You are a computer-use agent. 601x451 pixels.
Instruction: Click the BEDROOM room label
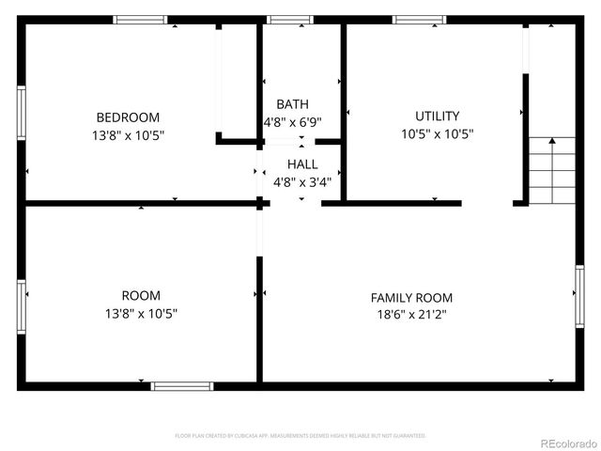tap(128, 117)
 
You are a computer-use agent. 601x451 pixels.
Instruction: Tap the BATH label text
tap(292, 104)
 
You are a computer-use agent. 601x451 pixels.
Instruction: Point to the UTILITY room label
tap(437, 117)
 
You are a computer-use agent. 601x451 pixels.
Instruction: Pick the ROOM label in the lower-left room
tap(141, 295)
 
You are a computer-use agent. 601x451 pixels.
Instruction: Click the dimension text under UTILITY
tap(437, 134)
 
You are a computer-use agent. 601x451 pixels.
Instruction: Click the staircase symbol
tap(551, 170)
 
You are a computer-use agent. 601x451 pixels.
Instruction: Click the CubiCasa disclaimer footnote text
tap(300, 436)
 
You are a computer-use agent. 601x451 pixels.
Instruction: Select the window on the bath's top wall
tap(290, 20)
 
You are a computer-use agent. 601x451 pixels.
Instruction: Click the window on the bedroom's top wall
tap(140, 20)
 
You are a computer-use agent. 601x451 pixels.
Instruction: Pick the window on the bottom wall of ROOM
tap(182, 385)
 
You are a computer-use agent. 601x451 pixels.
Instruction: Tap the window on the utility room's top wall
tap(418, 20)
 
